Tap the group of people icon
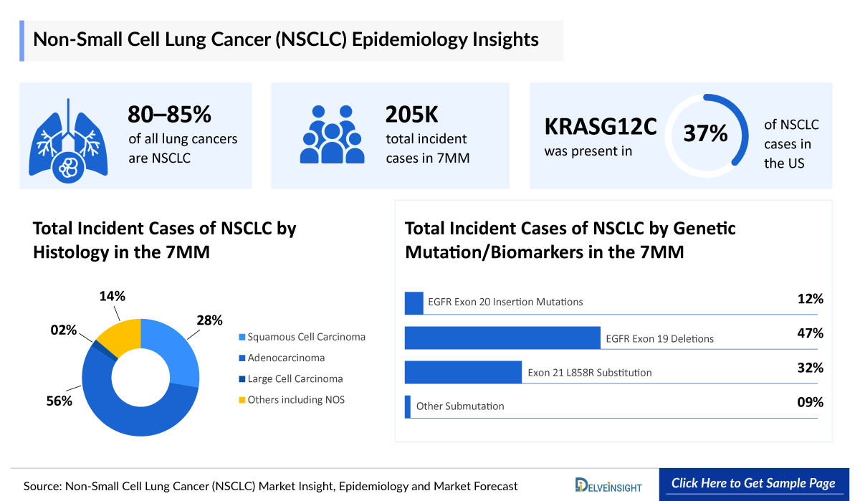click(x=332, y=134)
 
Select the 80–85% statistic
click(x=169, y=115)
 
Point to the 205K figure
click(x=411, y=115)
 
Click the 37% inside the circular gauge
click(x=705, y=134)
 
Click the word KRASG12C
click(x=601, y=126)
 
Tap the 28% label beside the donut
click(x=209, y=320)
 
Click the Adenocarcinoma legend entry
click(x=285, y=358)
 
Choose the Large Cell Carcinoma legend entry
click(x=295, y=378)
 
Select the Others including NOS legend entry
click(x=295, y=399)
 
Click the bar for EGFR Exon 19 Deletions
click(x=502, y=338)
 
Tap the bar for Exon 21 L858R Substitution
click(x=463, y=372)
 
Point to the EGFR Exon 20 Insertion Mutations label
click(x=505, y=302)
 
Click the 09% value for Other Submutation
click(x=810, y=403)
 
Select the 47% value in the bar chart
click(x=810, y=333)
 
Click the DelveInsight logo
click(x=609, y=485)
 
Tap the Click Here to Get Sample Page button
click(x=753, y=483)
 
